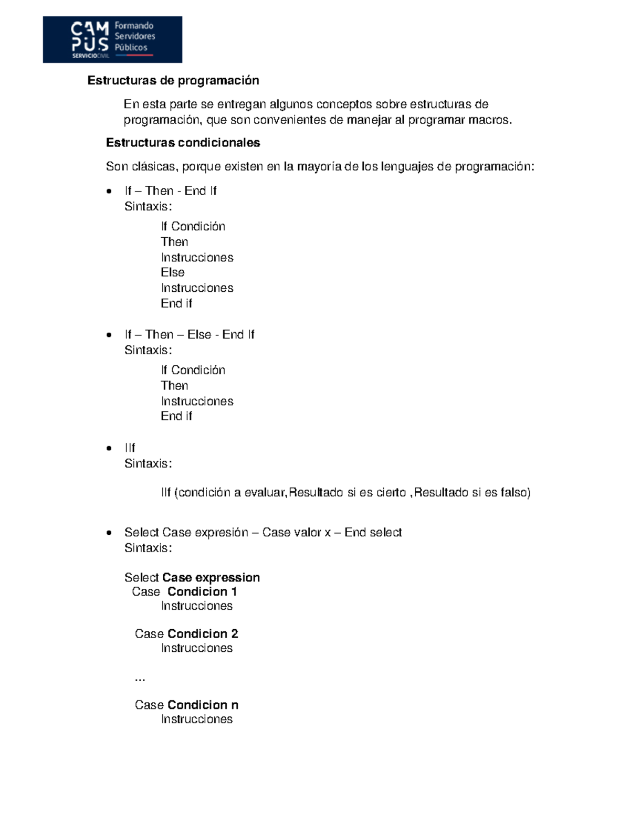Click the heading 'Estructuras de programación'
click(173, 80)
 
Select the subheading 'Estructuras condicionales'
click(183, 143)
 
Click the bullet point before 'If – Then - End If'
click(109, 191)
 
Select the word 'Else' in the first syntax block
click(173, 272)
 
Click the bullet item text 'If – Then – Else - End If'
click(189, 335)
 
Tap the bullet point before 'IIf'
click(109, 448)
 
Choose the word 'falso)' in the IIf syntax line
click(516, 492)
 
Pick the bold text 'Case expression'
click(211, 578)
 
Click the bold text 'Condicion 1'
click(202, 592)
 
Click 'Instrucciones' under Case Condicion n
click(197, 719)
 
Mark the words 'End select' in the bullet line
click(373, 533)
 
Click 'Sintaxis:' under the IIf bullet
click(148, 464)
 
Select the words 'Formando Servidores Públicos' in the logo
click(135, 37)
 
